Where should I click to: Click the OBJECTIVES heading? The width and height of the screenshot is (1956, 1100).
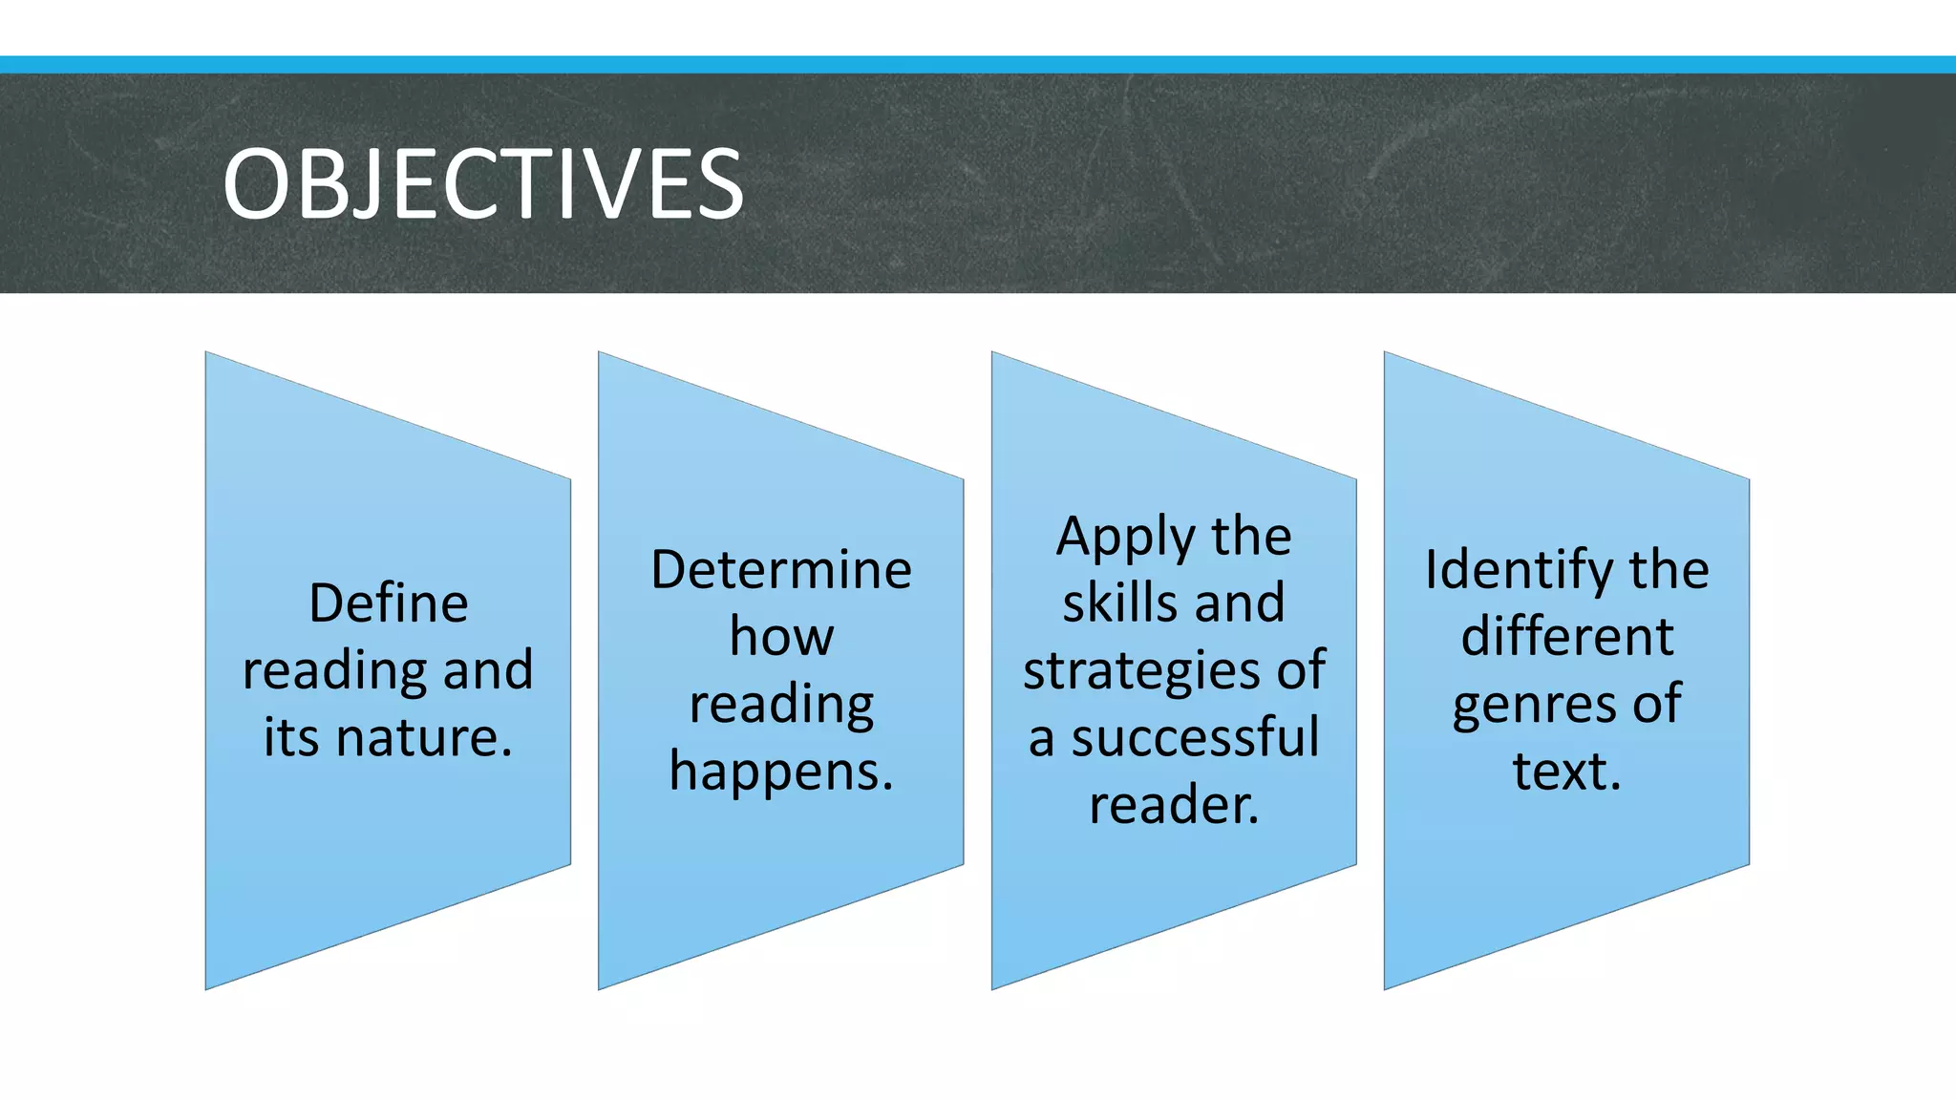[482, 183]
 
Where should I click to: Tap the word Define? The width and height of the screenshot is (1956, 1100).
[389, 603]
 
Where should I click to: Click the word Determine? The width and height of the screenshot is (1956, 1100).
[781, 570]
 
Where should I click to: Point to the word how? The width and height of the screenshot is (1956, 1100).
[781, 637]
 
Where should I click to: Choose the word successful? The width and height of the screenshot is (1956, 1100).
[1195, 738]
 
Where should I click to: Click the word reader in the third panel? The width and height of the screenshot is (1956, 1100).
[1172, 805]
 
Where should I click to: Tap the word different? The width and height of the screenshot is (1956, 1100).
[1567, 637]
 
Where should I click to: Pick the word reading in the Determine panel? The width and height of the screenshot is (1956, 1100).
[781, 706]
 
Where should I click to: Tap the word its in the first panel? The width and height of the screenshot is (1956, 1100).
[291, 738]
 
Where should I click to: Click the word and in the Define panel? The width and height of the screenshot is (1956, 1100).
[487, 670]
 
